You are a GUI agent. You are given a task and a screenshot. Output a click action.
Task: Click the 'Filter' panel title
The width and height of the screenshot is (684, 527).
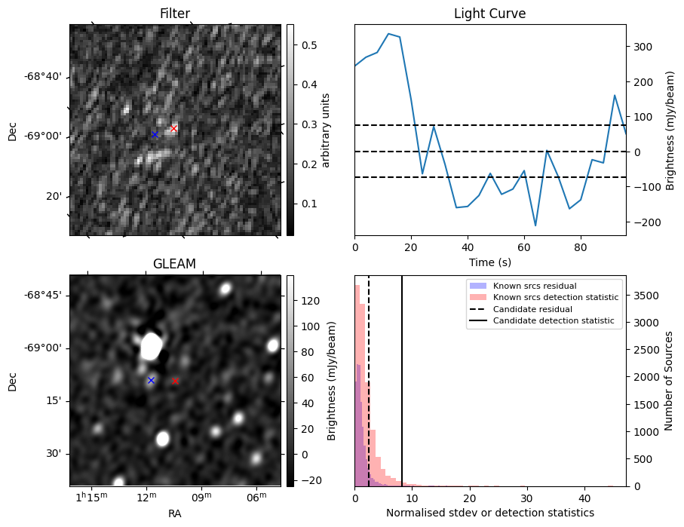tap(175, 14)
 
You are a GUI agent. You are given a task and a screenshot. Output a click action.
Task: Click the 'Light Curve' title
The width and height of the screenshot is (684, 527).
tap(489, 14)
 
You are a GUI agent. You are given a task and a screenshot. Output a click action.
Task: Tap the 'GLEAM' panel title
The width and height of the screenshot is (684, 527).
tap(175, 264)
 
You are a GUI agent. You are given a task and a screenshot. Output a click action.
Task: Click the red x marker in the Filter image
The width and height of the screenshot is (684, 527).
tap(173, 129)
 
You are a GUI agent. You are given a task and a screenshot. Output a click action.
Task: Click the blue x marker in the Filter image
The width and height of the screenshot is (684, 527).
tap(155, 135)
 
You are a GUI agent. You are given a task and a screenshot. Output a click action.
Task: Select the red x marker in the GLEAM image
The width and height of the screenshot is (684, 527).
tap(175, 381)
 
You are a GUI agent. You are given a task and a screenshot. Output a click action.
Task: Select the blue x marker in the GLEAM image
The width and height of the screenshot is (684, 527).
tap(151, 381)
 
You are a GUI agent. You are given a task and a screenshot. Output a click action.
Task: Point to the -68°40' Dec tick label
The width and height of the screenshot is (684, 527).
tap(44, 77)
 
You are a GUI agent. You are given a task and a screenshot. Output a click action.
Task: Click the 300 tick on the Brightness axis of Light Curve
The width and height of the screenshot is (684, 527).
tap(640, 47)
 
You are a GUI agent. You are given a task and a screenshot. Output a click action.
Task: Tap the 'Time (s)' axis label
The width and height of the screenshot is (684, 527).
tap(489, 261)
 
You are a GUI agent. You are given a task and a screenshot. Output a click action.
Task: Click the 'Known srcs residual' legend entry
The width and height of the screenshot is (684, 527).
tap(535, 286)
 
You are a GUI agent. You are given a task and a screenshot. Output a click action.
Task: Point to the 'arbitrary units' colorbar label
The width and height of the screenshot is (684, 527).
tap(326, 130)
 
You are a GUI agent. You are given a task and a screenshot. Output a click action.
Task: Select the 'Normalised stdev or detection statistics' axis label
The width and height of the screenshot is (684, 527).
tap(489, 513)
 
